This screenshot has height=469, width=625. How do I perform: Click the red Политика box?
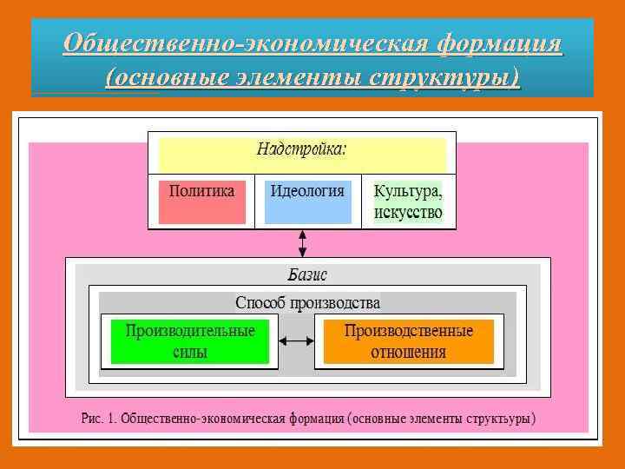point(202,201)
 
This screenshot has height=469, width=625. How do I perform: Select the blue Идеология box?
point(307,201)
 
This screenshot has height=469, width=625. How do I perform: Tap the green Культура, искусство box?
point(408,202)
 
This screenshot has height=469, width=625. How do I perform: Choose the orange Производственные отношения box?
point(408,341)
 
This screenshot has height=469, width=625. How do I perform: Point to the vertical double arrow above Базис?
point(302,242)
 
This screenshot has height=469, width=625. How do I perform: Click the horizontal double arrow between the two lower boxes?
point(296,341)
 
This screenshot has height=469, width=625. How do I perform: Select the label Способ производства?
point(308,304)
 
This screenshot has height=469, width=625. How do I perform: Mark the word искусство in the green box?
point(408,212)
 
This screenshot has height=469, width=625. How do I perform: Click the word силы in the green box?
point(190,352)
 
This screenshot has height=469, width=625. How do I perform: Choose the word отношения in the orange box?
point(408,352)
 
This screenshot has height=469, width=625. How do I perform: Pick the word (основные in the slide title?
point(162,76)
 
